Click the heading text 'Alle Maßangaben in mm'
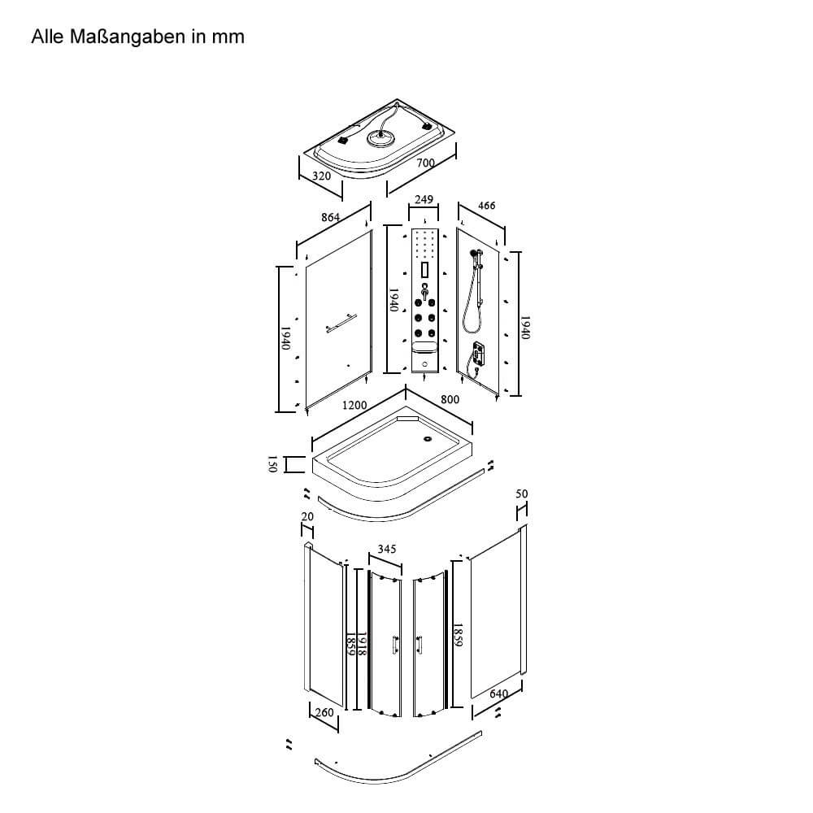click(137, 37)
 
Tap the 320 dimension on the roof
click(321, 176)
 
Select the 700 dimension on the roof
click(426, 163)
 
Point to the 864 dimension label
click(330, 217)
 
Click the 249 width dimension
click(424, 200)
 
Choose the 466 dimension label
click(486, 206)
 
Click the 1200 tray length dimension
click(354, 405)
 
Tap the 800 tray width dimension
click(450, 399)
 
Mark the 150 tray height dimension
click(272, 463)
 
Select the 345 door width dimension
click(387, 549)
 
